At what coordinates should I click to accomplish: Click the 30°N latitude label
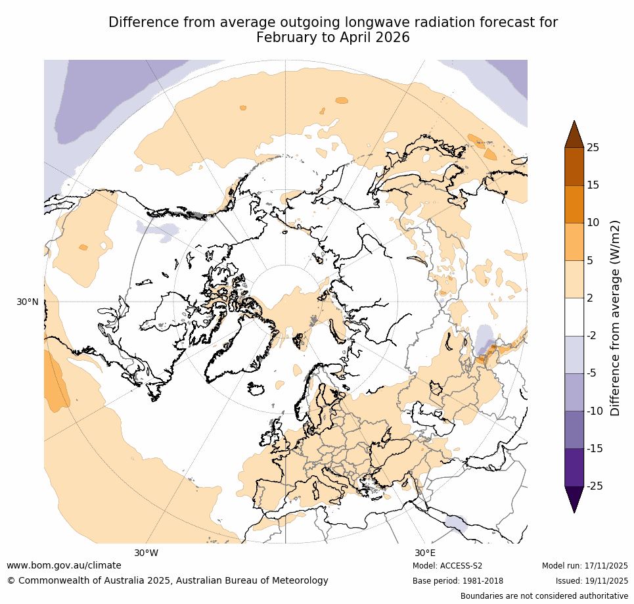pyautogui.click(x=28, y=302)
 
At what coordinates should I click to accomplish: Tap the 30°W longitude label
pyautogui.click(x=146, y=553)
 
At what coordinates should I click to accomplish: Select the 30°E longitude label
pyautogui.click(x=424, y=553)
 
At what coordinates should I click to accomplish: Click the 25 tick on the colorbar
pyautogui.click(x=593, y=147)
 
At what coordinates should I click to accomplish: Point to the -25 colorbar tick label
pyautogui.click(x=595, y=486)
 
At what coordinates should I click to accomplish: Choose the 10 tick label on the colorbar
pyautogui.click(x=593, y=223)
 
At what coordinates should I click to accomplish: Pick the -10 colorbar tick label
pyautogui.click(x=595, y=411)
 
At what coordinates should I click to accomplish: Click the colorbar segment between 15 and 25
pyautogui.click(x=574, y=166)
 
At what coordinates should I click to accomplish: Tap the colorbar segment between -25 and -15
pyautogui.click(x=574, y=467)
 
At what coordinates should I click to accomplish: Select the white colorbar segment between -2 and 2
pyautogui.click(x=574, y=317)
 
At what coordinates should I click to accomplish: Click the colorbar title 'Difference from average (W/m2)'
pyautogui.click(x=616, y=317)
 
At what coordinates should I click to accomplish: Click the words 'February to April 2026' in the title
pyautogui.click(x=332, y=37)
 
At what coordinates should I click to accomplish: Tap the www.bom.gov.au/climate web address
pyautogui.click(x=64, y=565)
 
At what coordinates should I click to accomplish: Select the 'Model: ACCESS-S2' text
pyautogui.click(x=447, y=566)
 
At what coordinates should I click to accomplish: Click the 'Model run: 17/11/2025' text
pyautogui.click(x=585, y=566)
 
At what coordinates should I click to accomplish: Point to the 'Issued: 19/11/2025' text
pyautogui.click(x=591, y=581)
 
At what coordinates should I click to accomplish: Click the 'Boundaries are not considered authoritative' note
pyautogui.click(x=544, y=596)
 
